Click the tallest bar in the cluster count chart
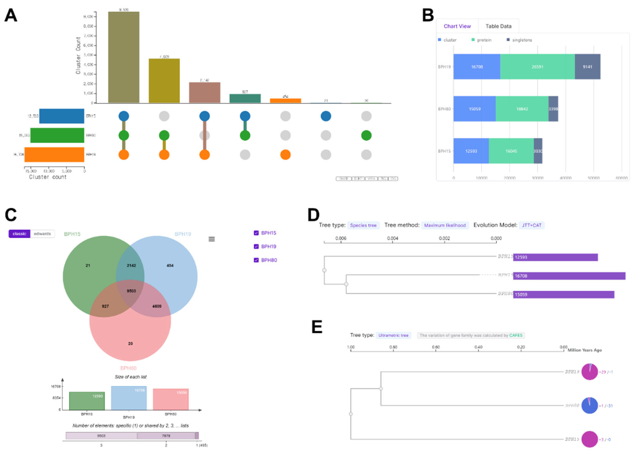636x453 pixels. click(124, 57)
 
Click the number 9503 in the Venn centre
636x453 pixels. click(131, 291)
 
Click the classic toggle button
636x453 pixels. click(19, 234)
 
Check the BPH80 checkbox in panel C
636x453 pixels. click(256, 260)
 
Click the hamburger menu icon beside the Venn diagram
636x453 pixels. click(212, 239)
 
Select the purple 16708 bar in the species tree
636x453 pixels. click(569, 276)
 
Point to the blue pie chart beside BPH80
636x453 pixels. click(589, 405)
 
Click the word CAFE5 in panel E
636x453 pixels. click(515, 335)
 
